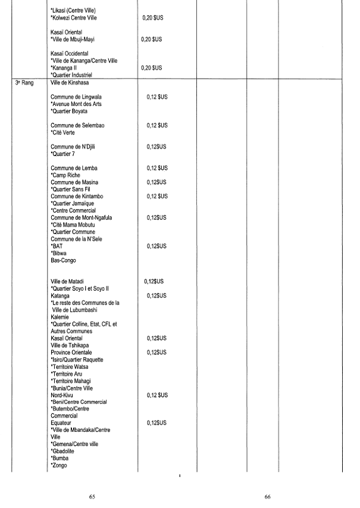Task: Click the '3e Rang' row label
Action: [25, 83]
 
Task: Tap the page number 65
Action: [92, 495]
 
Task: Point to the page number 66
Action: [268, 495]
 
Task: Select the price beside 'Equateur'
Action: [157, 423]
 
